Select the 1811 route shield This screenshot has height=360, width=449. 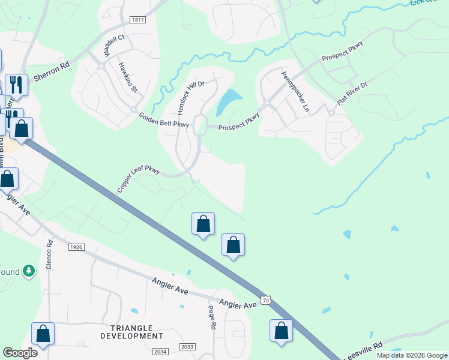click(x=138, y=20)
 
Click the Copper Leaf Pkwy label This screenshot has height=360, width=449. click(x=138, y=180)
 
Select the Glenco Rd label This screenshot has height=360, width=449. click(x=50, y=254)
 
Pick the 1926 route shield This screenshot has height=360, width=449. click(x=76, y=247)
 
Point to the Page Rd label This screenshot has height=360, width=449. click(x=212, y=317)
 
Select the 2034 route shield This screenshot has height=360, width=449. click(x=160, y=352)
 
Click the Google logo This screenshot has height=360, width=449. click(x=20, y=353)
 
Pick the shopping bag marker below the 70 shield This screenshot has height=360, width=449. click(x=281, y=331)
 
